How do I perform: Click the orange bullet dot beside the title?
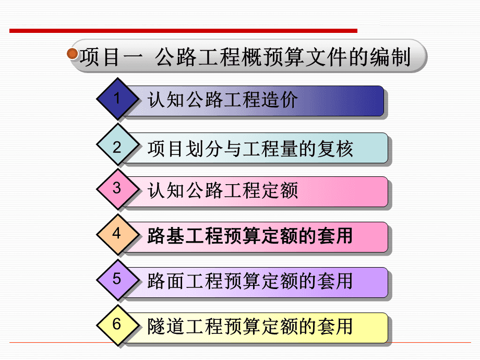(x=72, y=54)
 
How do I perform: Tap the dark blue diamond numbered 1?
(x=117, y=99)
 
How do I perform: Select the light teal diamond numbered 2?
(x=117, y=145)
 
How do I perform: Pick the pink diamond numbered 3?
(x=117, y=189)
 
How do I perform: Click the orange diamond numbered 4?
(x=117, y=234)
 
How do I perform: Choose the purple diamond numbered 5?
(x=117, y=280)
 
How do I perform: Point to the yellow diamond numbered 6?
(x=117, y=325)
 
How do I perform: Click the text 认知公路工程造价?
(x=223, y=100)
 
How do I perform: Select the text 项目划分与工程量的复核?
(x=250, y=149)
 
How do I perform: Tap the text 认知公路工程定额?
(x=223, y=190)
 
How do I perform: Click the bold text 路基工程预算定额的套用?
(x=250, y=236)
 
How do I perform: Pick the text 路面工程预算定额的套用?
(x=250, y=281)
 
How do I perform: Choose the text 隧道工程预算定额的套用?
(x=250, y=326)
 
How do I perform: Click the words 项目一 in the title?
(x=112, y=57)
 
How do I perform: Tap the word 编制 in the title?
(x=390, y=57)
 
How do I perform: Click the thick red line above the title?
(x=183, y=31)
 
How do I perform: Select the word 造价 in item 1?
(x=279, y=100)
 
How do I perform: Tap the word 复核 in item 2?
(x=335, y=149)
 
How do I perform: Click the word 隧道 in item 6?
(x=166, y=326)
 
